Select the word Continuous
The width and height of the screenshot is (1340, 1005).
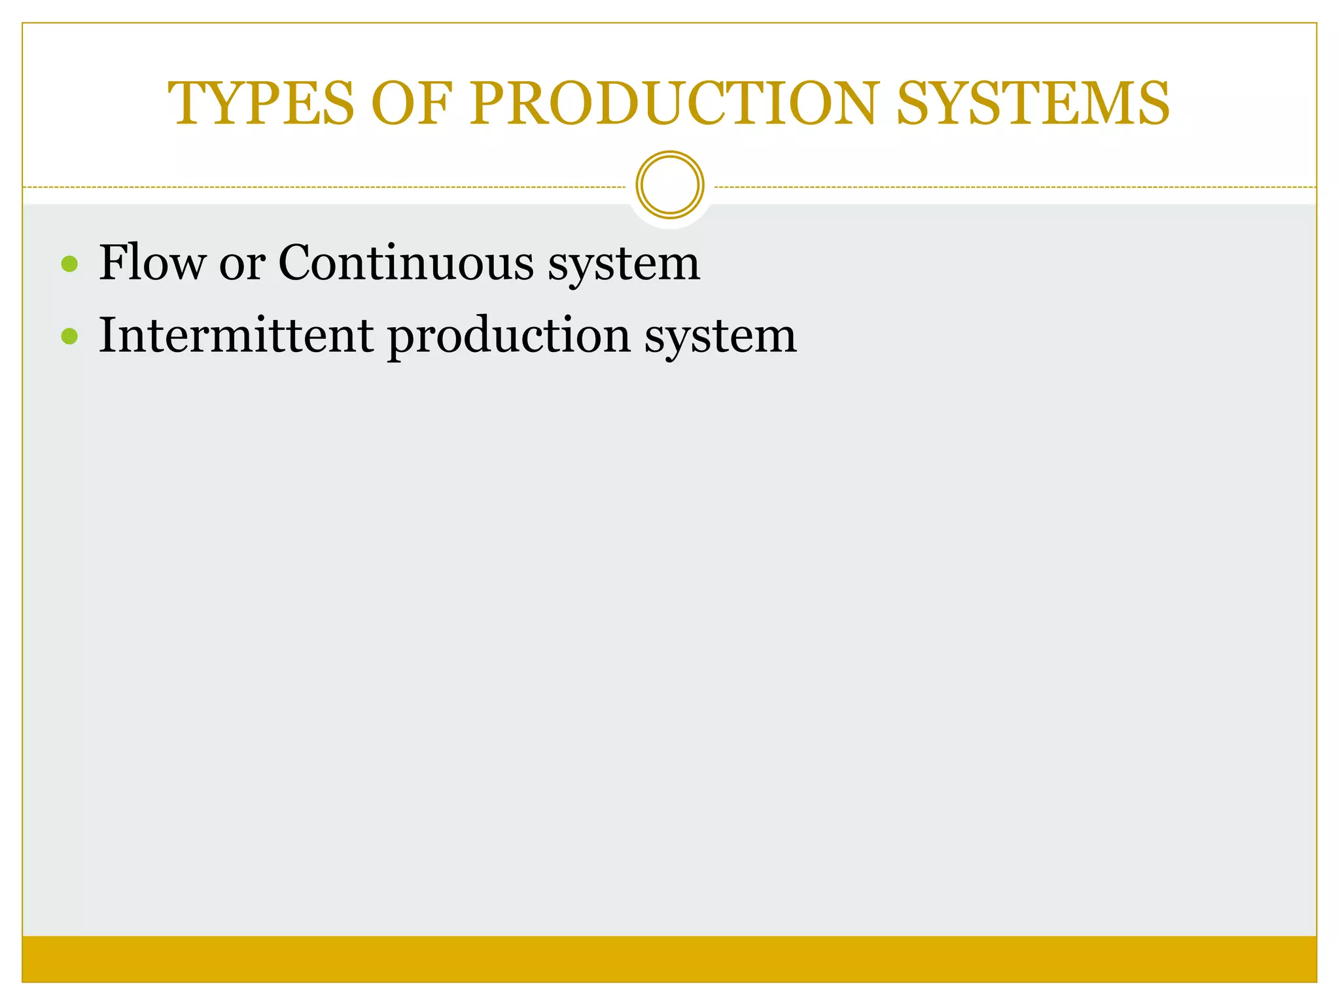click(406, 263)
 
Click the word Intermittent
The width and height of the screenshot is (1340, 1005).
click(236, 335)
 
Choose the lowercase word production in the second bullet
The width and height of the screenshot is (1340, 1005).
click(509, 336)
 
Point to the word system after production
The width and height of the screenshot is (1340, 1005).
click(720, 336)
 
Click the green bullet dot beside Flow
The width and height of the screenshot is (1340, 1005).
click(69, 264)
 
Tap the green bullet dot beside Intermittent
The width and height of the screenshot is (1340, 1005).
click(69, 336)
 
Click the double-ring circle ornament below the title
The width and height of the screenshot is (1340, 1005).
click(670, 185)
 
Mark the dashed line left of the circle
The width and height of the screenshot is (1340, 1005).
click(327, 187)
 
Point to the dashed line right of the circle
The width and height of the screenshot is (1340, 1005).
click(1014, 187)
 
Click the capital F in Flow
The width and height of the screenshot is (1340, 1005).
click(111, 263)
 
